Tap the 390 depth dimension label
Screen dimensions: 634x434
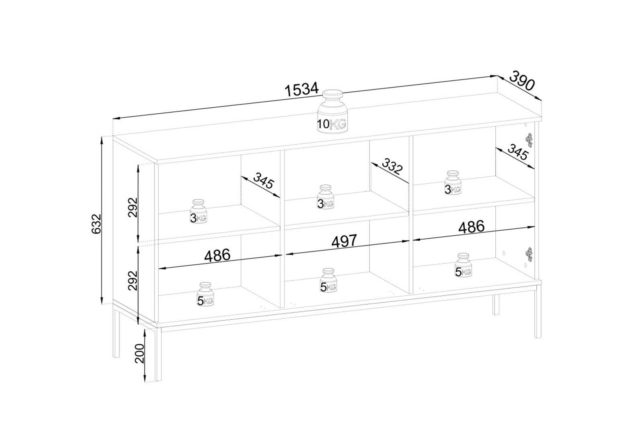pyautogui.click(x=522, y=81)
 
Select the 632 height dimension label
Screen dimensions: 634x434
pyautogui.click(x=96, y=224)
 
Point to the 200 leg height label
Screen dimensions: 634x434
pyautogui.click(x=139, y=353)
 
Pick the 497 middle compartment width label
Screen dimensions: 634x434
pyautogui.click(x=344, y=242)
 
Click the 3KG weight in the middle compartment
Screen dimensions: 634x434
pyautogui.click(x=326, y=197)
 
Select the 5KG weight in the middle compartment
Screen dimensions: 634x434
pyautogui.click(x=328, y=280)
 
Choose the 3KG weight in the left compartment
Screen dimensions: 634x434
pyautogui.click(x=198, y=211)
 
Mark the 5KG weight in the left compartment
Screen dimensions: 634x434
pyautogui.click(x=205, y=294)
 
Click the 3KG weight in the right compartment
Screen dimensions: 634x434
pyautogui.click(x=453, y=183)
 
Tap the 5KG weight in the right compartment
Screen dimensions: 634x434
pyautogui.click(x=463, y=265)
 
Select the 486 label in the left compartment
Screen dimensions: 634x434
pyautogui.click(x=217, y=256)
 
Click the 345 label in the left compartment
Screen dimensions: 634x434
pyautogui.click(x=264, y=180)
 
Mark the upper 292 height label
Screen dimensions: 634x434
pyautogui.click(x=132, y=207)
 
